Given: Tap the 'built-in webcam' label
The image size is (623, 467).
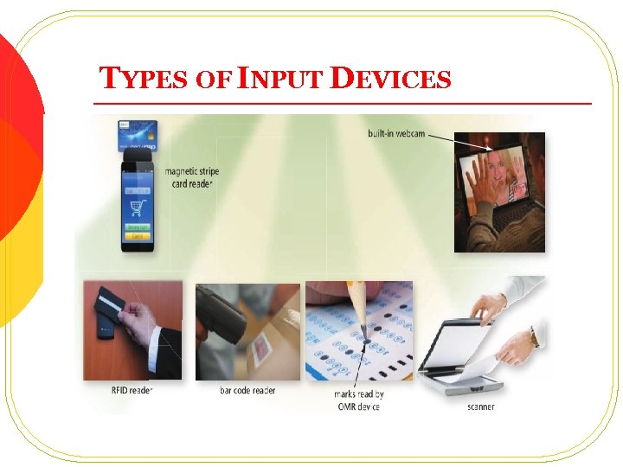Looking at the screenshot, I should (397, 133).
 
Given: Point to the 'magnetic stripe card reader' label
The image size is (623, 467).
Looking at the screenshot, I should (191, 176).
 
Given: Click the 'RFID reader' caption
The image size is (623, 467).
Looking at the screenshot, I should (132, 390).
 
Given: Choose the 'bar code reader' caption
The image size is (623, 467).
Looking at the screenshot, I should (247, 390).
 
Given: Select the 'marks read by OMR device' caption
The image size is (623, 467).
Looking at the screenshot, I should (357, 400).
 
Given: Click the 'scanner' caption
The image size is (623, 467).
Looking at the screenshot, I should (481, 406).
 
